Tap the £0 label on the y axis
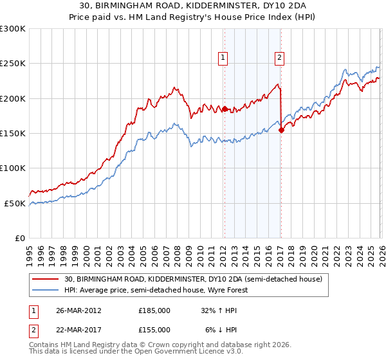(x=19, y=238)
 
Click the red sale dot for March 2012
(x=225, y=109)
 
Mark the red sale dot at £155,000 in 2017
(x=281, y=130)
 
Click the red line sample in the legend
(x=46, y=279)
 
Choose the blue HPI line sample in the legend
(x=46, y=290)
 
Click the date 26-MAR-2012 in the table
(x=78, y=310)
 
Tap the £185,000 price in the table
(x=154, y=310)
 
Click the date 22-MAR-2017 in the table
(x=78, y=329)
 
